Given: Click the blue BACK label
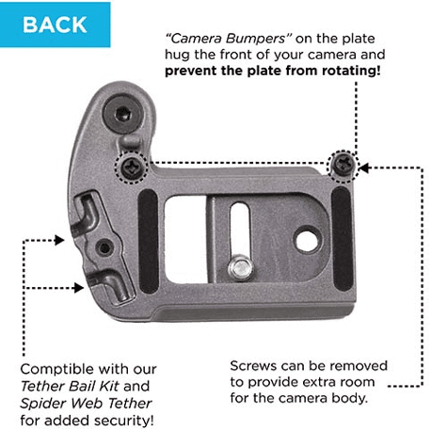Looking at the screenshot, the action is click(x=55, y=24).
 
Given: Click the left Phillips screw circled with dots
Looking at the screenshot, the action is click(x=131, y=167).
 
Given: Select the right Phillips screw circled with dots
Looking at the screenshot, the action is click(x=343, y=164).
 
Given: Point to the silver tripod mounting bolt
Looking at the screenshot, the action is click(x=241, y=269).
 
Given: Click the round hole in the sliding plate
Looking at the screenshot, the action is click(x=309, y=239).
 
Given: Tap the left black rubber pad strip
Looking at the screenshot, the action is click(x=148, y=242).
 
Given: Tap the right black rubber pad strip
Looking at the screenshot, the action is click(x=342, y=239).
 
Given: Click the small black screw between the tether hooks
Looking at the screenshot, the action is click(x=104, y=247).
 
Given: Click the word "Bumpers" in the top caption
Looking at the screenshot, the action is click(x=255, y=39).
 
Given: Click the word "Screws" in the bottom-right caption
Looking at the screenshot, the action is click(x=253, y=366).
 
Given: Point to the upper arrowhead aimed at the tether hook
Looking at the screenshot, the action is click(x=59, y=240).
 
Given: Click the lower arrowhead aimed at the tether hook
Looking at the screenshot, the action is click(x=78, y=288).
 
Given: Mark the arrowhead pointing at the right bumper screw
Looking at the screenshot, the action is click(x=364, y=168).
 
